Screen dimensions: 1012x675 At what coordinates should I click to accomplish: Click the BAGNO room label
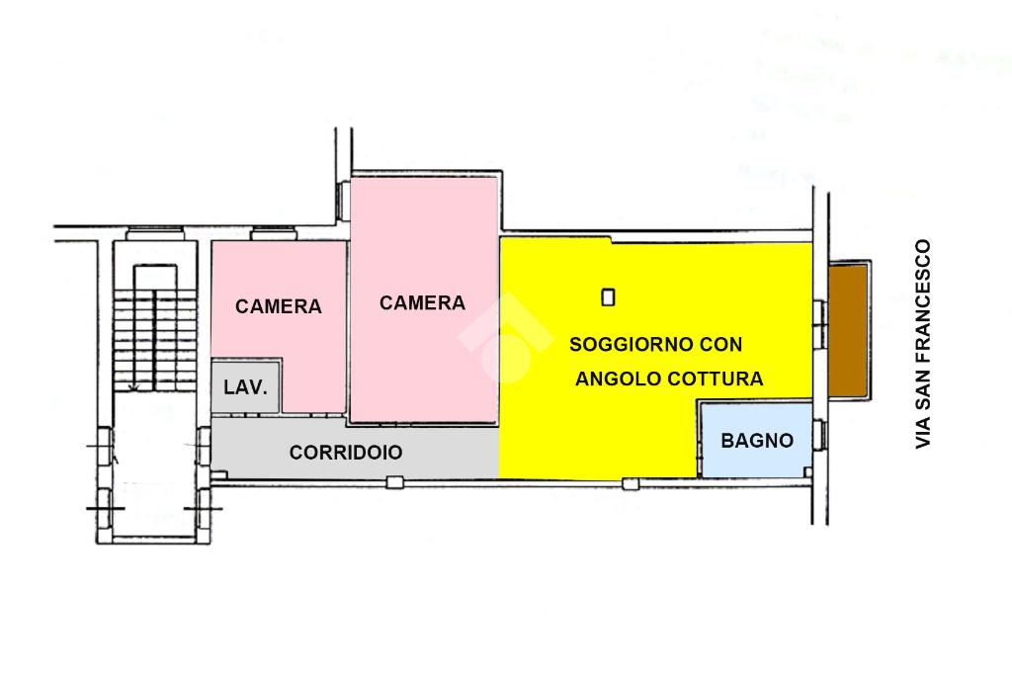(757, 441)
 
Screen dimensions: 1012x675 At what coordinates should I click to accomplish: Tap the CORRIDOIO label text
(346, 453)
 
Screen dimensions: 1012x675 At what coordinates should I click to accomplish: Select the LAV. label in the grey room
(245, 387)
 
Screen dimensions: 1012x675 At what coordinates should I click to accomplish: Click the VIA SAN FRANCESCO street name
(923, 344)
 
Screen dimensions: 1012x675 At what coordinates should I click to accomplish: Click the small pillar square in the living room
(609, 295)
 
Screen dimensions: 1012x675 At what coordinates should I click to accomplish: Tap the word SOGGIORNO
(622, 345)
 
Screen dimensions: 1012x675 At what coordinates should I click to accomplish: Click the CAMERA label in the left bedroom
(279, 306)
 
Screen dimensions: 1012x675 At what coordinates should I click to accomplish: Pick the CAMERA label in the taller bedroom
(422, 302)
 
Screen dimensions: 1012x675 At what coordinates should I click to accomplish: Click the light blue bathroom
(756, 455)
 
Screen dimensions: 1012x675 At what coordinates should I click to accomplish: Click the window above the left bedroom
(274, 234)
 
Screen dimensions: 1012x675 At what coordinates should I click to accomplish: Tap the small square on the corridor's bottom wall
(394, 482)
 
